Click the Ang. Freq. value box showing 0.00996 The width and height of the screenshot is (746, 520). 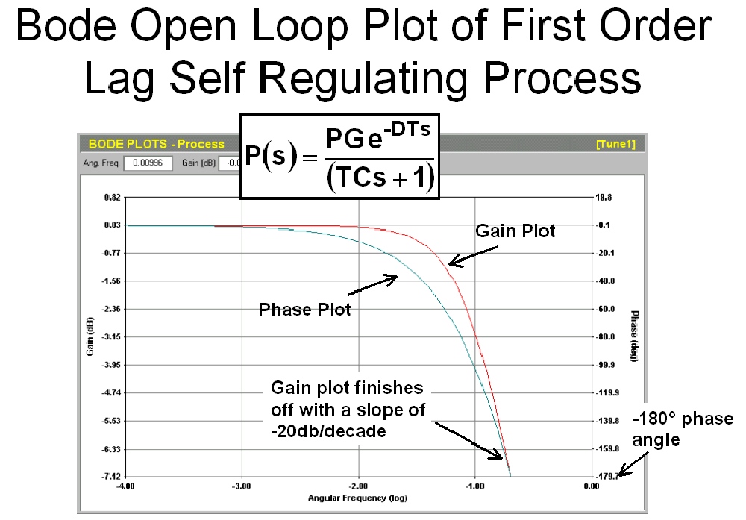(148, 163)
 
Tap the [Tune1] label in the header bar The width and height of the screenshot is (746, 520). (615, 144)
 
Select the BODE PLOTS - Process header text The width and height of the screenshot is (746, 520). (156, 144)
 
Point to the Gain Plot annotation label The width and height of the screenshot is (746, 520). (515, 231)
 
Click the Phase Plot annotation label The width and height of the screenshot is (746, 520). (304, 310)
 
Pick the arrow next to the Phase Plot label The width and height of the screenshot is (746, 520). (372, 284)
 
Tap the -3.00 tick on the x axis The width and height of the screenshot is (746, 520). (241, 486)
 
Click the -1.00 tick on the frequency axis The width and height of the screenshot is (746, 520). (474, 486)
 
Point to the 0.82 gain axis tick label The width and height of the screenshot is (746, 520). (113, 198)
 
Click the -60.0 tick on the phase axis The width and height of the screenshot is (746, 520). (605, 309)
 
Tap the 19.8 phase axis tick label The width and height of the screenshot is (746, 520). (604, 198)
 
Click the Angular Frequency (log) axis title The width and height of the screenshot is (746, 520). (358, 498)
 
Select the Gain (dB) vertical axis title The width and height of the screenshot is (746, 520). (90, 336)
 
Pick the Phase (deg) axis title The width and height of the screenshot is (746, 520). (634, 336)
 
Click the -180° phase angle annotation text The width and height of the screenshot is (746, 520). (683, 429)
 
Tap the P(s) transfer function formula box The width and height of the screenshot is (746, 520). (339, 157)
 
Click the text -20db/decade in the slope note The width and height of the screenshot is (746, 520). (328, 431)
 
